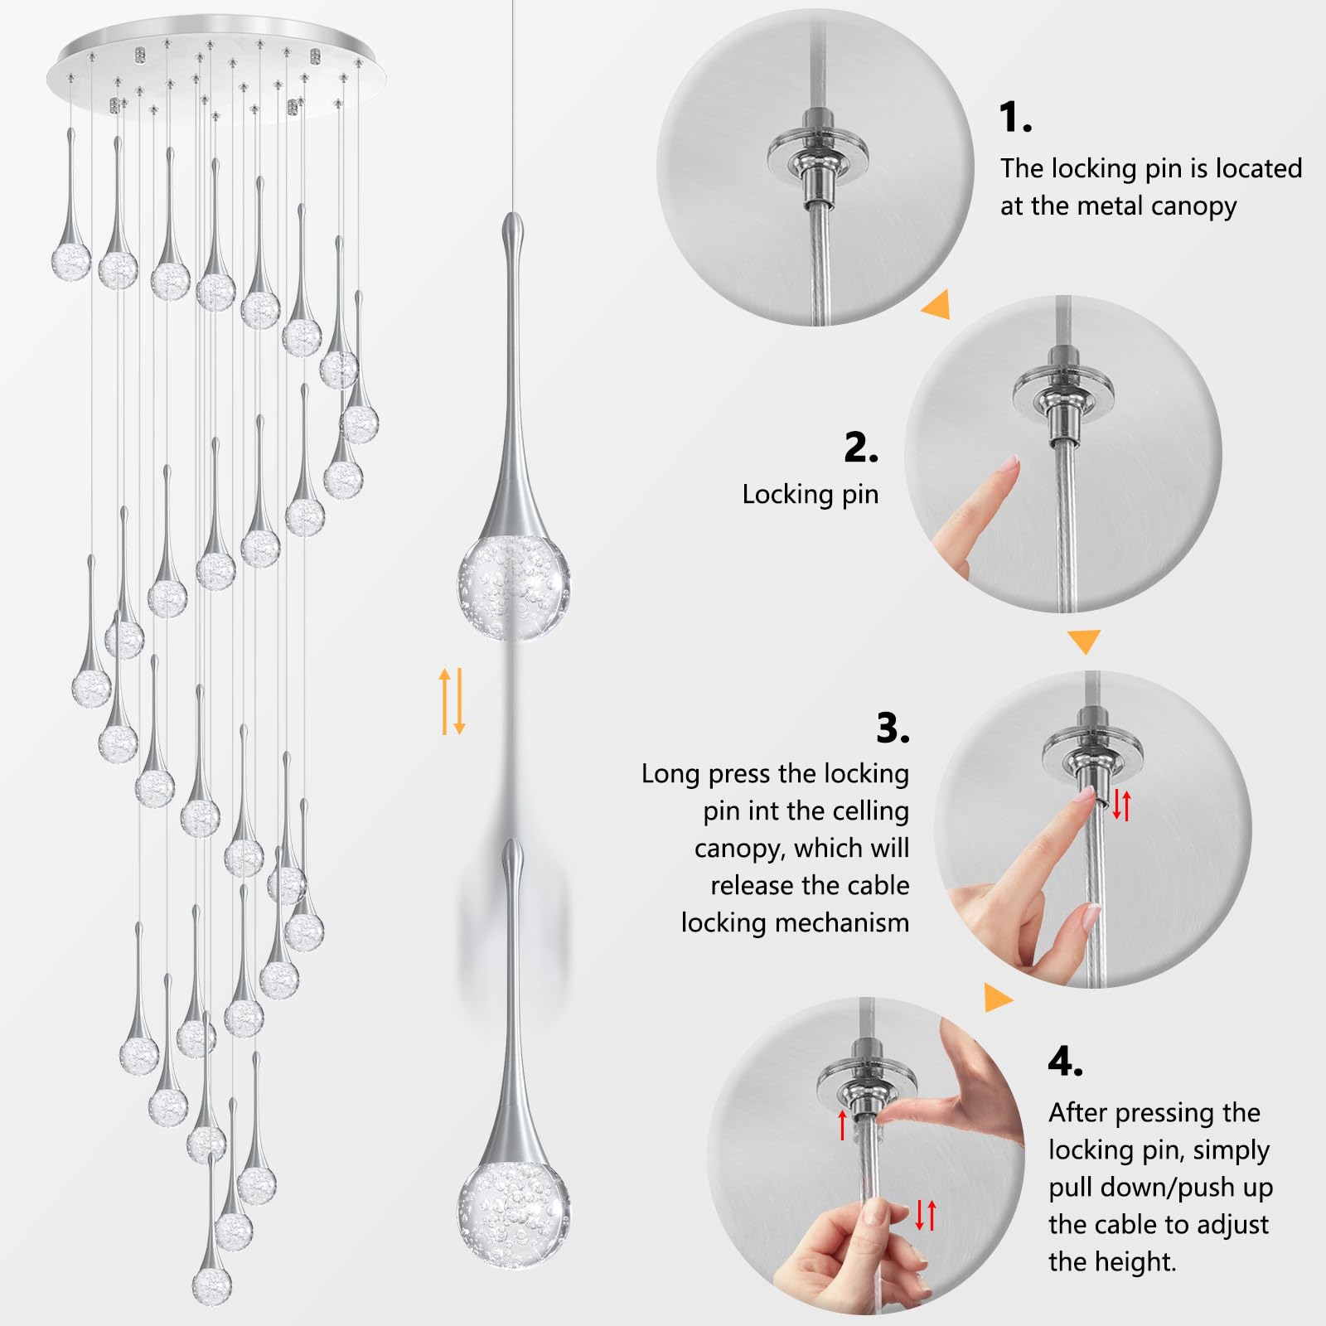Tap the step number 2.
pos(861,448)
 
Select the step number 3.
pos(893,728)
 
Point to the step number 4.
pos(1065,1061)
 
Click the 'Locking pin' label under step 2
pos(810,494)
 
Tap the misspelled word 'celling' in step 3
pos(872,811)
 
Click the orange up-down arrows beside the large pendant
pos(452,701)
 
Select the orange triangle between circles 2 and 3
pos(1083,641)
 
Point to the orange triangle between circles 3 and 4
pos(997,997)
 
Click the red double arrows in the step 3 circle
pos(1121,805)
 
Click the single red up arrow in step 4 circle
pos(843,1125)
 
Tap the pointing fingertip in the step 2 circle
pos(1010,463)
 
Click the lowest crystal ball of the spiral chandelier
pos(211,1285)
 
